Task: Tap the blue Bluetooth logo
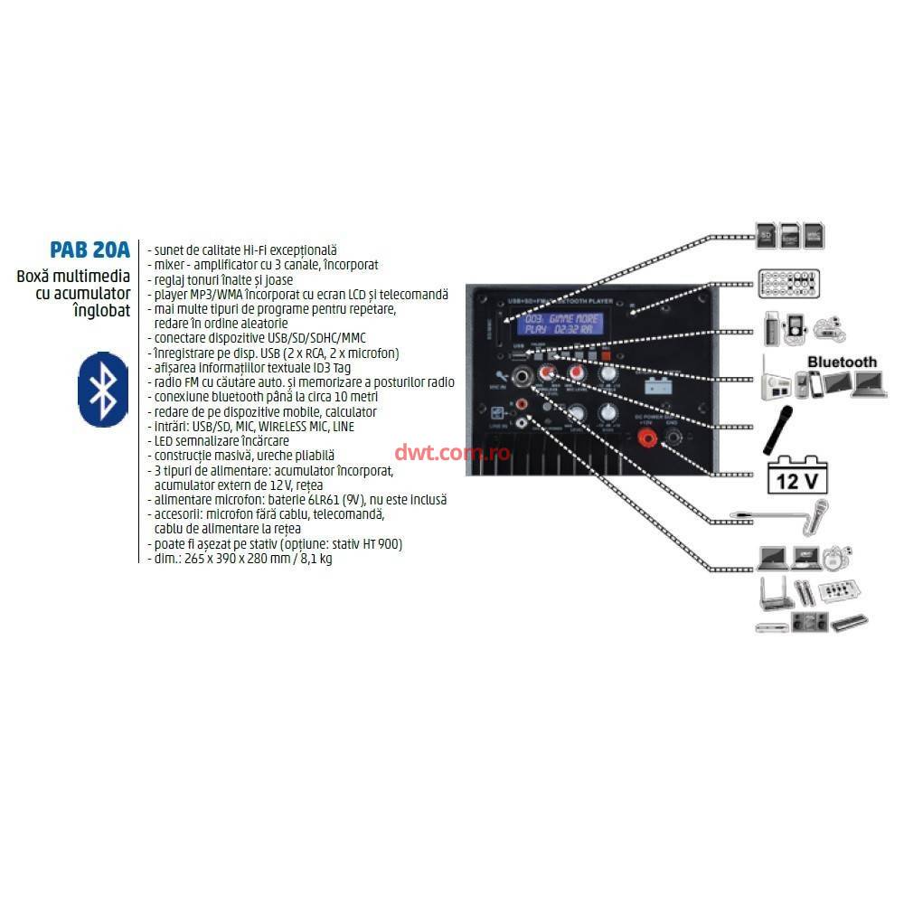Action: tap(104, 389)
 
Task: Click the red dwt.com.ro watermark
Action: tap(452, 453)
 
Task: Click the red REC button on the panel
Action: tap(605, 356)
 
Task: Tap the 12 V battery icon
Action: tap(796, 474)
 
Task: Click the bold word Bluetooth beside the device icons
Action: tap(842, 363)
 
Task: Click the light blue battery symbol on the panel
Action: tap(657, 384)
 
